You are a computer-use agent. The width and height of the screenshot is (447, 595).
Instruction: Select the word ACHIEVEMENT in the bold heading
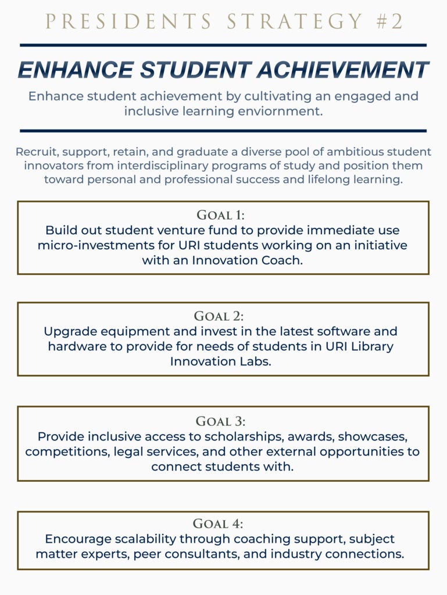pos(342,70)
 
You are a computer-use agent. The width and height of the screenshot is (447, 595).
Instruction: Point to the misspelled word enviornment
pos(281,110)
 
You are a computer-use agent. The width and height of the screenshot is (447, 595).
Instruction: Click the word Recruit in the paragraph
pos(36,152)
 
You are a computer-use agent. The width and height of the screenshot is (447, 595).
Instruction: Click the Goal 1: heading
pos(223,214)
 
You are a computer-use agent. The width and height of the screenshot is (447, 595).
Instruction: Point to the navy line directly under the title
pos(223,45)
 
